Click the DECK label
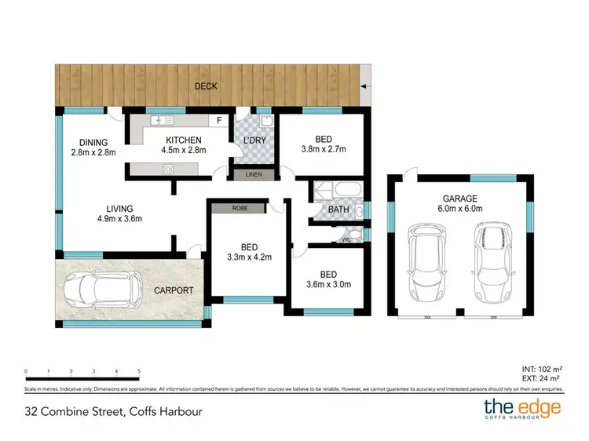[206, 86]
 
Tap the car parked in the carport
[101, 292]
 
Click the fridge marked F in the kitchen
[218, 122]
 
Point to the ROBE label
[240, 208]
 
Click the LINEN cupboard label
[254, 174]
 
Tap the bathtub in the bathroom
[338, 191]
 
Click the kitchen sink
[163, 121]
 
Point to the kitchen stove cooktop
[167, 169]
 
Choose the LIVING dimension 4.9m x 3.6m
[119, 219]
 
